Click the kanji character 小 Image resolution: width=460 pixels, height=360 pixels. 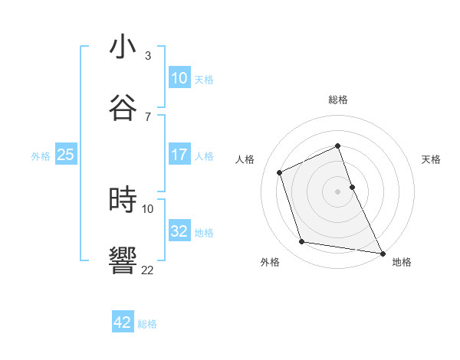tap(123, 47)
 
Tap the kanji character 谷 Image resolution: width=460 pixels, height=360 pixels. tap(123, 108)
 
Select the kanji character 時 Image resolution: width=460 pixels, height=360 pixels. tap(123, 200)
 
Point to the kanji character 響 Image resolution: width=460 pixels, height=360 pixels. tap(123, 261)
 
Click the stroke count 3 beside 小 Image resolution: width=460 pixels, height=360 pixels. tap(148, 56)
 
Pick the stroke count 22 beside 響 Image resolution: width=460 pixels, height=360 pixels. tap(148, 270)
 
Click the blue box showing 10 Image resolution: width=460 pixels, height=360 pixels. tap(179, 78)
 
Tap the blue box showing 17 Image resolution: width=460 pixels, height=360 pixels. tap(179, 155)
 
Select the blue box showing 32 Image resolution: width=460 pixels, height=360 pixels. tap(179, 231)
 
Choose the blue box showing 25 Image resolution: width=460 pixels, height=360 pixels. tap(66, 155)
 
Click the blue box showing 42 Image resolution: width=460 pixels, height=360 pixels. tap(123, 322)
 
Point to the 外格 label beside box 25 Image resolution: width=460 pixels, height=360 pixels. tap(41, 156)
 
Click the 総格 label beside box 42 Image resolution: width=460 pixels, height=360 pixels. tap(147, 324)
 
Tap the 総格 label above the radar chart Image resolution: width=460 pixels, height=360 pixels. tap(338, 100)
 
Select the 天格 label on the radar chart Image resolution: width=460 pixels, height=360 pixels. tap(432, 159)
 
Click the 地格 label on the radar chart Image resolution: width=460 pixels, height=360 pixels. tap(402, 262)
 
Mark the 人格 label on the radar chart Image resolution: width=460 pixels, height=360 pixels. tap(245, 159)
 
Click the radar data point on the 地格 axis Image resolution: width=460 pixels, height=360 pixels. tap(382, 252)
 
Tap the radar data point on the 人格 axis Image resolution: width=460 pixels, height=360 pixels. tap(280, 172)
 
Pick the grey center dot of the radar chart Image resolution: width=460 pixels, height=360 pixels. tap(338, 191)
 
